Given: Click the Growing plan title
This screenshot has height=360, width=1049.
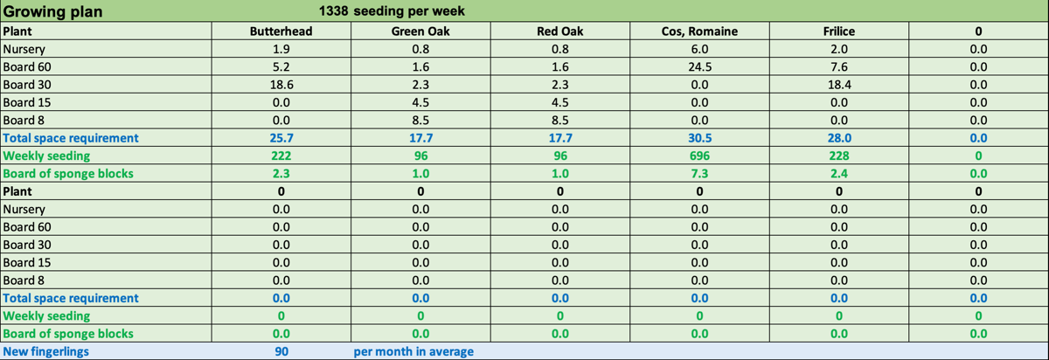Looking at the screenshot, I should point(52,12).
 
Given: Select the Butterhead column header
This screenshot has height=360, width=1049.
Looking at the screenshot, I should point(281,31).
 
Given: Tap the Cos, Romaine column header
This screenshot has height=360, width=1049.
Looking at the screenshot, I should point(699,31).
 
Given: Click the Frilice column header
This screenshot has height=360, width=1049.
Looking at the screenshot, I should point(838,31).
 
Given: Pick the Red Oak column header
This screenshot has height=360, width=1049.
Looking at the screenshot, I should point(559,31).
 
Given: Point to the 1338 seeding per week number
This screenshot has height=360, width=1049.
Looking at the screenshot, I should point(335,12).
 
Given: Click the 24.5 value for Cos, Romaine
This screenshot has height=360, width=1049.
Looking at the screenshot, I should point(699,66).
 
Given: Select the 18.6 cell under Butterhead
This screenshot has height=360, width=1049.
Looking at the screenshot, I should point(281,85).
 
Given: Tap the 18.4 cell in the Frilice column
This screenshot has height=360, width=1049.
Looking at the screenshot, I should point(838,85).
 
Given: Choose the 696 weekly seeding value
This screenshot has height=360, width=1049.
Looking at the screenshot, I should point(699,156).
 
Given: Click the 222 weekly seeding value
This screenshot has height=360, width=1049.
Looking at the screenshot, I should point(281,156).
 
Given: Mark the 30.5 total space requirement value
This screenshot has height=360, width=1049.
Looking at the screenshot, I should point(699,138).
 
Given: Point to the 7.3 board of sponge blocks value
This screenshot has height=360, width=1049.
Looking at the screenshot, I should point(699,173).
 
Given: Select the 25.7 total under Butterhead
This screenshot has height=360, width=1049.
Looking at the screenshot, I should point(281,138).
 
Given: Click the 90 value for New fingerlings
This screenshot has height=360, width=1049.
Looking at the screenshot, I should point(281,351).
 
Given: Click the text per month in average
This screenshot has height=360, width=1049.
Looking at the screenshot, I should point(413,351).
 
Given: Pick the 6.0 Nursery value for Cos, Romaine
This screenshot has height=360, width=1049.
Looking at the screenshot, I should point(699,49).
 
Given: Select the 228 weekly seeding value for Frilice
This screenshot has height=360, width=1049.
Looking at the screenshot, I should point(838,156).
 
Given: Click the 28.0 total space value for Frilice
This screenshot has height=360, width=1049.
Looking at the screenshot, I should point(838,138).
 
